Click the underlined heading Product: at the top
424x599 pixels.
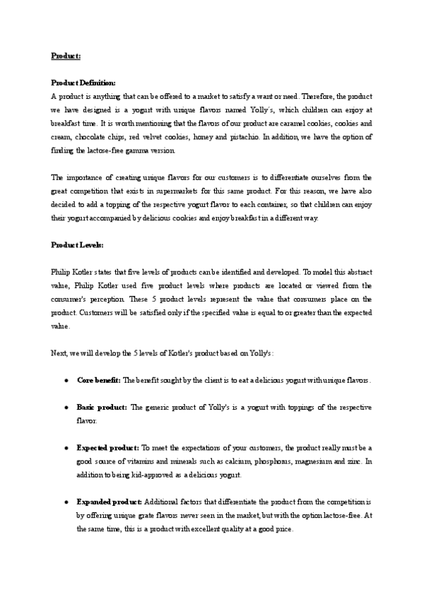click(x=66, y=56)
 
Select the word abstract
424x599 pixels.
click(x=358, y=272)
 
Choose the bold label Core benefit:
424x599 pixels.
click(x=98, y=381)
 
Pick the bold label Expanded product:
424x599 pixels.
click(x=109, y=502)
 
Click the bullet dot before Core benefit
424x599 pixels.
click(x=66, y=381)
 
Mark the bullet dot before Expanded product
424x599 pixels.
click(x=66, y=502)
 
